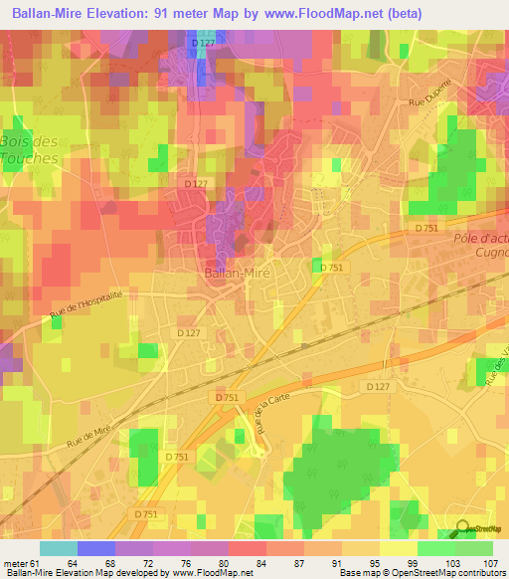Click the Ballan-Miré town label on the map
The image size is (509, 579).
(240, 272)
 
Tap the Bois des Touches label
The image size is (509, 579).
(30, 149)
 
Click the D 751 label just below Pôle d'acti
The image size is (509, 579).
(428, 228)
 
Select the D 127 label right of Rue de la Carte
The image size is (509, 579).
(378, 386)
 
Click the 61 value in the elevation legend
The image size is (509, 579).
(35, 562)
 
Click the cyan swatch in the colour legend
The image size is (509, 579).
(58, 548)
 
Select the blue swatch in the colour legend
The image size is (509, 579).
(95, 548)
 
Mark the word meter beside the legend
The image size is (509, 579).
(15, 562)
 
